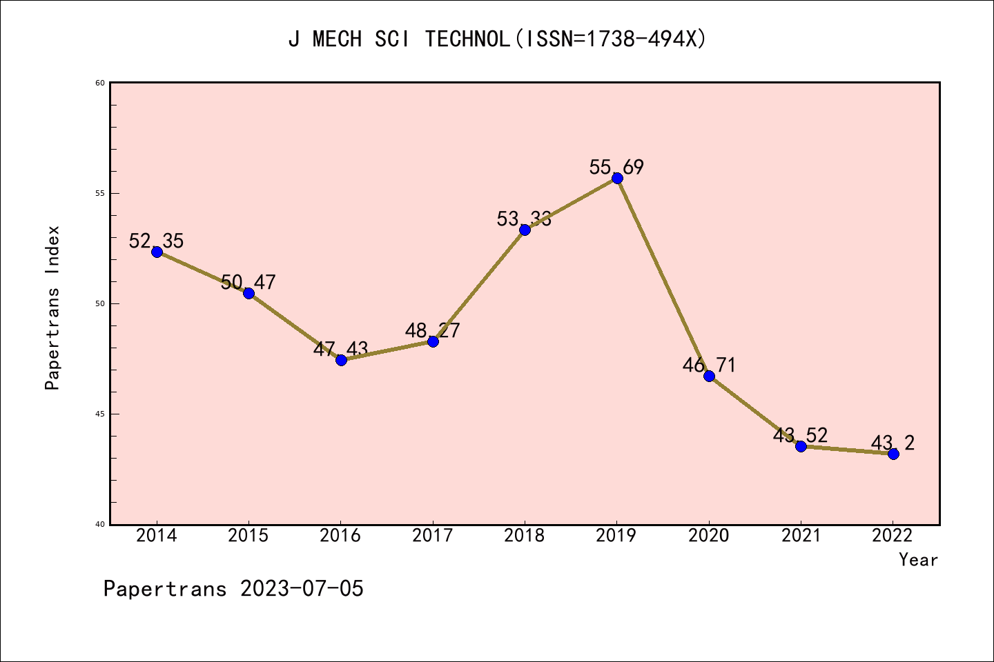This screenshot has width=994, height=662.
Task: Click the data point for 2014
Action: click(157, 252)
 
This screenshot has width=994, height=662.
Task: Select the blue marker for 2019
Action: click(617, 178)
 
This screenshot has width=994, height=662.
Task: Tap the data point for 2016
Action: click(341, 360)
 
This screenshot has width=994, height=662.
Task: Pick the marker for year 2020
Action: click(709, 376)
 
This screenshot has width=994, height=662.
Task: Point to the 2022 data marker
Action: click(893, 454)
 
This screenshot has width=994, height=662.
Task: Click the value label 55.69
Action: click(616, 168)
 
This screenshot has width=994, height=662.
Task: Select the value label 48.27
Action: click(433, 331)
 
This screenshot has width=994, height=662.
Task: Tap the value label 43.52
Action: click(801, 436)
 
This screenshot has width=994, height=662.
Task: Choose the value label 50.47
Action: click(248, 283)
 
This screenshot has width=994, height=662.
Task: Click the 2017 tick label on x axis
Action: click(433, 536)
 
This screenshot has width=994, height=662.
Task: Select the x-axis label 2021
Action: click(801, 536)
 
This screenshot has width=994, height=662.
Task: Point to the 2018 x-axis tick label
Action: click(525, 536)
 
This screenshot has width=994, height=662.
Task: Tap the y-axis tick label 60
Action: click(100, 83)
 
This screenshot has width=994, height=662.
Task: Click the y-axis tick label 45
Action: click(100, 414)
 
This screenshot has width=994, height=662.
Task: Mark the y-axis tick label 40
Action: click(100, 524)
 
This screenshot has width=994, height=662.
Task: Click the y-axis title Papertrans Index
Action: click(52, 308)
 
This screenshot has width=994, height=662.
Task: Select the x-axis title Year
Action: click(918, 560)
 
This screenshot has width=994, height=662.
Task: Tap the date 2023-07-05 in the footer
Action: click(302, 589)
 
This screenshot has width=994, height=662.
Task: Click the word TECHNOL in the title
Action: click(467, 39)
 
